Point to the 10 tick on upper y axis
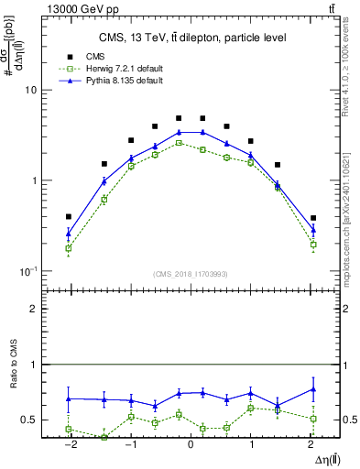point(29,91)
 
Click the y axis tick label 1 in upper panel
point(32,180)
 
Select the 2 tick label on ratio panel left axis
point(32,309)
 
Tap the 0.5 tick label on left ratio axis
point(27,420)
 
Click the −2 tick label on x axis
point(68,443)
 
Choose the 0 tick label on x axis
point(191,443)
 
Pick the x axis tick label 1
point(251,443)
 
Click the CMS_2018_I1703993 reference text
point(191,274)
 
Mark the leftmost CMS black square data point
point(68,217)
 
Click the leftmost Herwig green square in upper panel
point(68,248)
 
